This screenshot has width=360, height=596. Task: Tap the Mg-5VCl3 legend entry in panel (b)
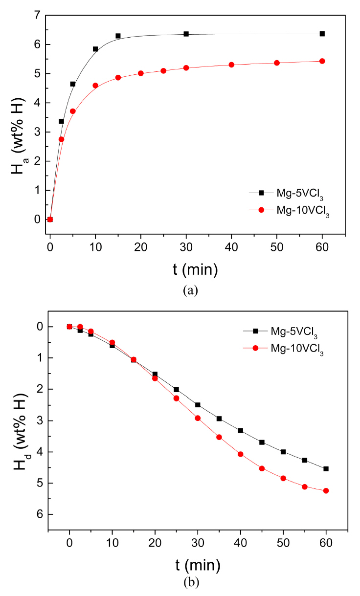click(293, 331)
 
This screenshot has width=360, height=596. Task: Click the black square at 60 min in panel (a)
click(322, 34)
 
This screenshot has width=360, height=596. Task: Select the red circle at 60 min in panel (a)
click(322, 61)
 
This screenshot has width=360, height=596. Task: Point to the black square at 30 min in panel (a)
click(186, 34)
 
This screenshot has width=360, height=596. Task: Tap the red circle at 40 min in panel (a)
click(231, 65)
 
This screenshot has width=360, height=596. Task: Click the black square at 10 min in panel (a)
click(95, 49)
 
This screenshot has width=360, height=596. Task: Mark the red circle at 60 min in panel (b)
click(326, 490)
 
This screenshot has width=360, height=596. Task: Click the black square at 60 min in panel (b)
click(326, 468)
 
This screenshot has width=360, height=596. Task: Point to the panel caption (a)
click(190, 290)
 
